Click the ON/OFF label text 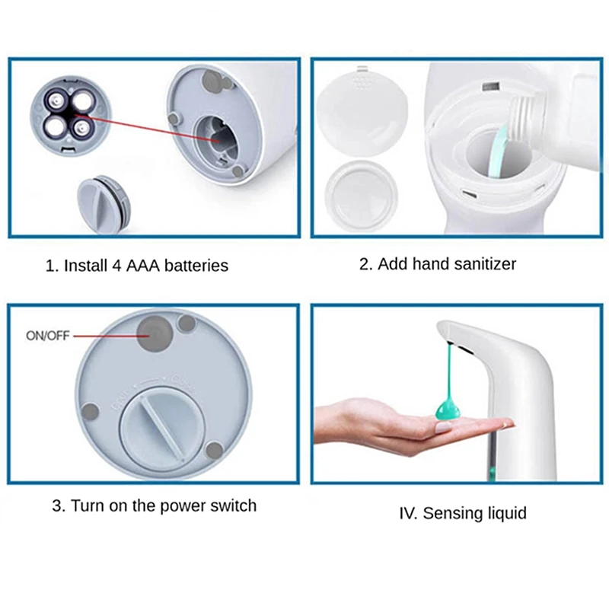pos(48,336)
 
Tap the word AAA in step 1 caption pos(143,266)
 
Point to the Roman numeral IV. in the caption pos(408,513)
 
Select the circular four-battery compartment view pos(71,116)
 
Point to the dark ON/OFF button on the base pos(155,333)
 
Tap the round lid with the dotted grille pos(362,112)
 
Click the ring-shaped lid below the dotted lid pos(361,196)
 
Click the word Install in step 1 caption pos(85,266)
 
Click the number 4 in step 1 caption pos(116,266)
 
